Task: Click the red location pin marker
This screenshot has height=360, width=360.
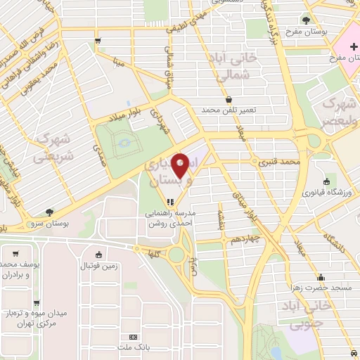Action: tap(181, 165)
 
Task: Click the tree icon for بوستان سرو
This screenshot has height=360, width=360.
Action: tap(49, 212)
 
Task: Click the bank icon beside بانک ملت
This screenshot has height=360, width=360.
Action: tap(134, 337)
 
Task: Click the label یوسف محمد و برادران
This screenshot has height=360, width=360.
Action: tap(19, 269)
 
